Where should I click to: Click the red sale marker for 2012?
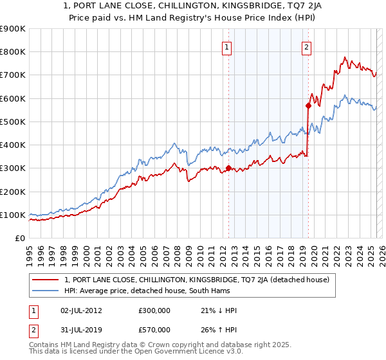click(228, 168)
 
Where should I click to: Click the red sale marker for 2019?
click(309, 105)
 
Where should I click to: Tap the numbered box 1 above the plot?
click(228, 46)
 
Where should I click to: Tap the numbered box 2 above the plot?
click(306, 46)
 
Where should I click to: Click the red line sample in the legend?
click(46, 280)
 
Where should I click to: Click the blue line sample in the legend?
click(46, 291)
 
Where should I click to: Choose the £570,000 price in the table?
click(154, 329)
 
